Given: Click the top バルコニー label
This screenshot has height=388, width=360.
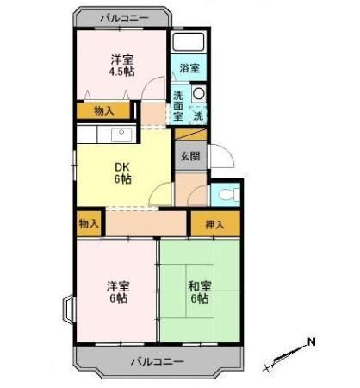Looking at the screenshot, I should (x=123, y=17).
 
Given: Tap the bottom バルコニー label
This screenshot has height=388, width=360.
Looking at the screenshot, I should (x=157, y=361).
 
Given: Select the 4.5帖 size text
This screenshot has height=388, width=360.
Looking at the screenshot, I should (x=121, y=72).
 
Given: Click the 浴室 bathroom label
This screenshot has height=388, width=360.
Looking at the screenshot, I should (x=189, y=68).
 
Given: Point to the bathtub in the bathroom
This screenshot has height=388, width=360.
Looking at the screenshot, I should (x=189, y=43).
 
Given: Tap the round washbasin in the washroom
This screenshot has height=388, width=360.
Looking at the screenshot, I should (x=199, y=94).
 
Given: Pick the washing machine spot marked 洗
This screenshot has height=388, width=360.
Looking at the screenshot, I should (x=198, y=114).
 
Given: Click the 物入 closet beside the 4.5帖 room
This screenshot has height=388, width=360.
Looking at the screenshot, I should (x=102, y=110).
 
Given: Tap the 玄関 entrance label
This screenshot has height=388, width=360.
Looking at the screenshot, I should (x=189, y=156).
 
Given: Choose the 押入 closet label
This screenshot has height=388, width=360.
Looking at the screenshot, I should (x=215, y=224).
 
